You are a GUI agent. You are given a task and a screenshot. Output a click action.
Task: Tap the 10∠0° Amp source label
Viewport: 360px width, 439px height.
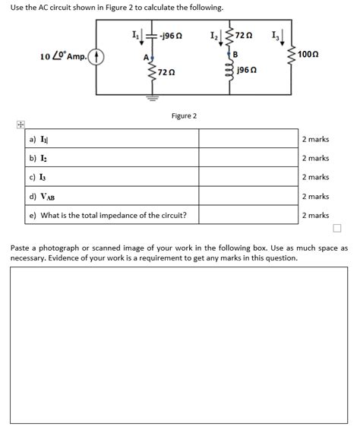64,56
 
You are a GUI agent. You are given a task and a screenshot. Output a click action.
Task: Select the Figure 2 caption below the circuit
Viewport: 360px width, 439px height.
184,115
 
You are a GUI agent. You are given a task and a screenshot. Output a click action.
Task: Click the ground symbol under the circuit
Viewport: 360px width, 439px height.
150,96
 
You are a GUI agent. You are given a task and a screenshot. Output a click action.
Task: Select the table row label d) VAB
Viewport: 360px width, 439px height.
42,197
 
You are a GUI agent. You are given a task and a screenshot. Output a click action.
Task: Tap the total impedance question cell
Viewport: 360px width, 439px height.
108,216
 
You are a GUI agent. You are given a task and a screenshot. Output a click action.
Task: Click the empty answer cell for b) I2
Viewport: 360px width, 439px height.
248,159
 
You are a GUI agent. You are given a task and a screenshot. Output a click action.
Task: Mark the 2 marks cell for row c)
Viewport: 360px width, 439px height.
315,178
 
